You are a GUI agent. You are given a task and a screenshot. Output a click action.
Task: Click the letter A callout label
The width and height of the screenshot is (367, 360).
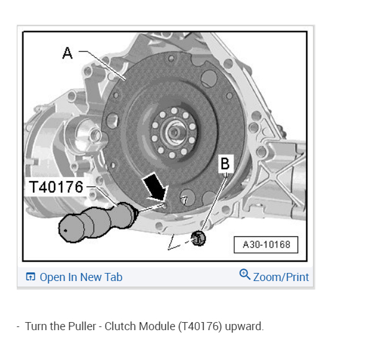click(x=68, y=53)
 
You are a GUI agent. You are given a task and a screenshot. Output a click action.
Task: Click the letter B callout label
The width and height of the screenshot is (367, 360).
click(x=225, y=164)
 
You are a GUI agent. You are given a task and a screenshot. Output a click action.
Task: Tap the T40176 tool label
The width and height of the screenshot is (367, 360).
click(x=56, y=187)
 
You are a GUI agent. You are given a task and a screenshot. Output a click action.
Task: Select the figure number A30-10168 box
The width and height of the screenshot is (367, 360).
click(x=266, y=245)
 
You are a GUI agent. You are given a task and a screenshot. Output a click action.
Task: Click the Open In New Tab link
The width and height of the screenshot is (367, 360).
click(x=81, y=277)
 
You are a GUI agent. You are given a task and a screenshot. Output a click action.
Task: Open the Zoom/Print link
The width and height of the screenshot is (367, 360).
click(x=281, y=277)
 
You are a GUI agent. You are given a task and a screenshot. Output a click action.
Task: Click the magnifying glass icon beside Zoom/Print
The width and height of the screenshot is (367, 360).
click(x=245, y=274)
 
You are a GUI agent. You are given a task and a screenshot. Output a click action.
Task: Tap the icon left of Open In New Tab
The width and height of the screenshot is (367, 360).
click(x=30, y=277)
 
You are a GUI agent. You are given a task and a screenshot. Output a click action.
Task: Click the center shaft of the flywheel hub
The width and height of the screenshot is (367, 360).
click(x=174, y=132)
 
